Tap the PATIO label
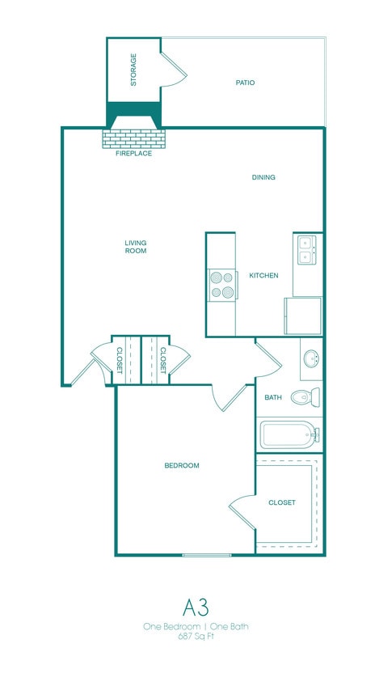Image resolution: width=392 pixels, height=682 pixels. [x=245, y=83]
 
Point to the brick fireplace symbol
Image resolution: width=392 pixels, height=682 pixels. [x=133, y=137]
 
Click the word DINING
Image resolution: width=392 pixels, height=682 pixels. [x=263, y=177]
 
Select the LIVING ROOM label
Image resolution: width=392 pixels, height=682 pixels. [x=135, y=246]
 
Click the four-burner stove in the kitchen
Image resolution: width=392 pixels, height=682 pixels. [x=221, y=284]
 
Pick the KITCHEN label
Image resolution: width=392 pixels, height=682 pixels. [x=263, y=276]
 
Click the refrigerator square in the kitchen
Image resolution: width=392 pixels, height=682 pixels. [x=302, y=316]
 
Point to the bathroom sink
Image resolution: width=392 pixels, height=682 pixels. [x=311, y=358]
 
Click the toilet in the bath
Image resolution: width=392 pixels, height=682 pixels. [x=306, y=397]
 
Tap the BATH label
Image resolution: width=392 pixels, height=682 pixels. [x=272, y=397]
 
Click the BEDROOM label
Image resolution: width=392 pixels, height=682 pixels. [x=181, y=465]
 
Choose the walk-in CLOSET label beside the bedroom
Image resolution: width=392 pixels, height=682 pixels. [x=281, y=502]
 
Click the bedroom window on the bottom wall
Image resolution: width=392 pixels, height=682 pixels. [x=206, y=555]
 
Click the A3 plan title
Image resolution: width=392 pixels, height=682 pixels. [x=195, y=607]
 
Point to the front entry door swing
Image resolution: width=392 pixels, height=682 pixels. [x=82, y=371]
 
